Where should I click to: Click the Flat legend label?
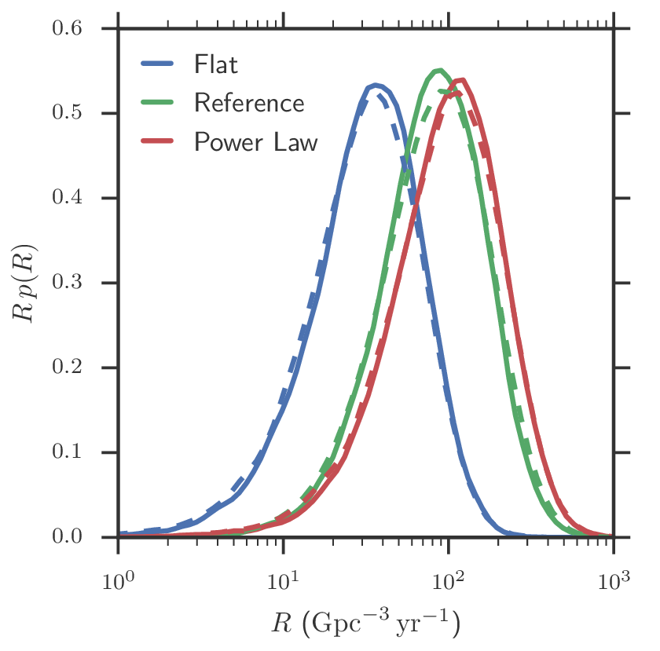point(215,64)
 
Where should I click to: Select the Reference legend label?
point(248,103)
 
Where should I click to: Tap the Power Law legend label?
point(255,142)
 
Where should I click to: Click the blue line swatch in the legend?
point(159,64)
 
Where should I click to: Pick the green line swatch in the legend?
point(159,104)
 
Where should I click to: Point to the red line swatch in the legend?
point(159,142)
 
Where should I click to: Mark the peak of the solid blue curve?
point(376,85)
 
